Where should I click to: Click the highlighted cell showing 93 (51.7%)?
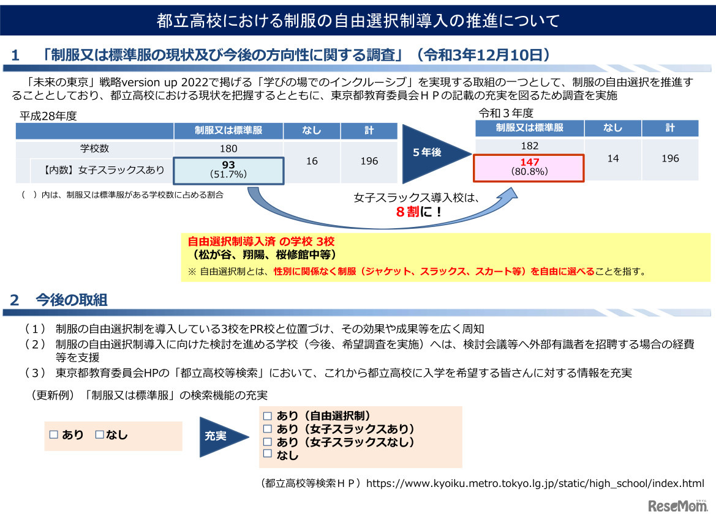click(228, 169)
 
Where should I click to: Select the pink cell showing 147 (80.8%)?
click(529, 167)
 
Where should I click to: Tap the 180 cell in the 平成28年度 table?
click(228, 149)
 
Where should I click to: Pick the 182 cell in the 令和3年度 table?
click(529, 146)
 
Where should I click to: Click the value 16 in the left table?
click(312, 161)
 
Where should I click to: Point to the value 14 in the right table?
click(612, 158)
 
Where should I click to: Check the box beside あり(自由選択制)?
click(267, 415)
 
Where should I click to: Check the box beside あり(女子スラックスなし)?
click(267, 441)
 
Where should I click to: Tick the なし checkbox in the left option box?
click(100, 434)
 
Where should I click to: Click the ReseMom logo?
click(674, 507)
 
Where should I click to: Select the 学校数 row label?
click(94, 149)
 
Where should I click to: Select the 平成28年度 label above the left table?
click(48, 116)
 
